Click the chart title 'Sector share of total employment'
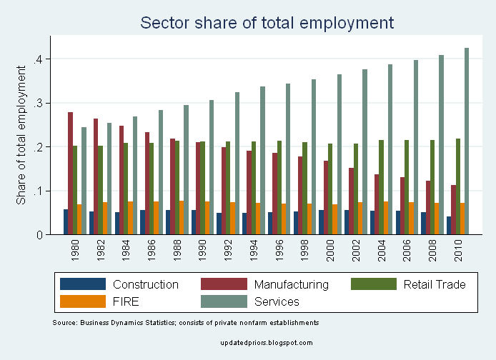pos(267,23)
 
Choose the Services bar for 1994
pos(262,160)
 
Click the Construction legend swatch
pos(83,284)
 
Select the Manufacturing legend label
pos(292,284)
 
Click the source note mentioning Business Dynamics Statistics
pos(185,324)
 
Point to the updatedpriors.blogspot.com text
pos(268,343)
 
